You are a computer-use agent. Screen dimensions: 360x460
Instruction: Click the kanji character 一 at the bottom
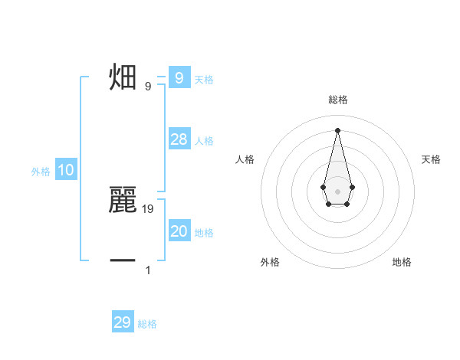click(123, 261)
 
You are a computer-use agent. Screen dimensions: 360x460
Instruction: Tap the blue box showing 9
click(179, 77)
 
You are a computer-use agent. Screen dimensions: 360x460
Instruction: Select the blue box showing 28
click(179, 139)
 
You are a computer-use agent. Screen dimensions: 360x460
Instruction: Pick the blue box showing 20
click(179, 231)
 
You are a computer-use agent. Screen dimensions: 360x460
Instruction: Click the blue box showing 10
click(66, 170)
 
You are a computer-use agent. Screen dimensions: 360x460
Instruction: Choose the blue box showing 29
click(123, 322)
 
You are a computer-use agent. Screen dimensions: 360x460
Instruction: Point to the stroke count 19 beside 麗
click(148, 208)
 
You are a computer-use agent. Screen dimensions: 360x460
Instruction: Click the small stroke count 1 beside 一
click(148, 270)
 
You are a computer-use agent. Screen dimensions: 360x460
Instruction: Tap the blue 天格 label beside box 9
click(204, 79)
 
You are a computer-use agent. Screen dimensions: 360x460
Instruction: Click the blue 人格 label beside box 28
click(204, 141)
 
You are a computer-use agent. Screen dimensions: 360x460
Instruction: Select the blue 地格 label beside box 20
click(204, 233)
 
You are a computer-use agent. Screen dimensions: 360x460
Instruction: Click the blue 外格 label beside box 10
click(41, 172)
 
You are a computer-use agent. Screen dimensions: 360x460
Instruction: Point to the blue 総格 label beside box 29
click(147, 324)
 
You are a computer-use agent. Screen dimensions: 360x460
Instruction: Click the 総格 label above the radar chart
click(337, 100)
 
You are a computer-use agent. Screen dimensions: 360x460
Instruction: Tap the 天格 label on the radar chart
click(431, 159)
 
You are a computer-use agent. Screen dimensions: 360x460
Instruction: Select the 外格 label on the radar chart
click(270, 262)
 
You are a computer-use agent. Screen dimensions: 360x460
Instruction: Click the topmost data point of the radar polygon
click(337, 129)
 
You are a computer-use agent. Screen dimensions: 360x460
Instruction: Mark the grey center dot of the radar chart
click(337, 191)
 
